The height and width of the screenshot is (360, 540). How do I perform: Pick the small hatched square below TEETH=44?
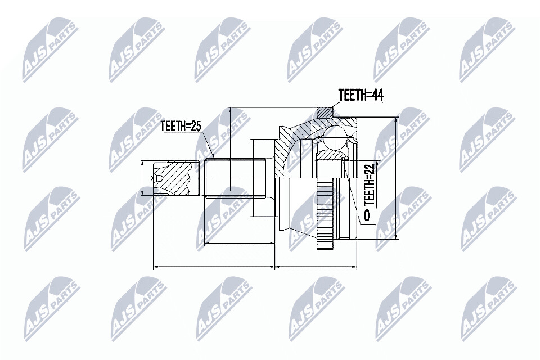pos(325,112)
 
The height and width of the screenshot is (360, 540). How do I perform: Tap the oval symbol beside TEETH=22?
pos(367,215)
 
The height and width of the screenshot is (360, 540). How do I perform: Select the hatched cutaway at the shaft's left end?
pos(172,177)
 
